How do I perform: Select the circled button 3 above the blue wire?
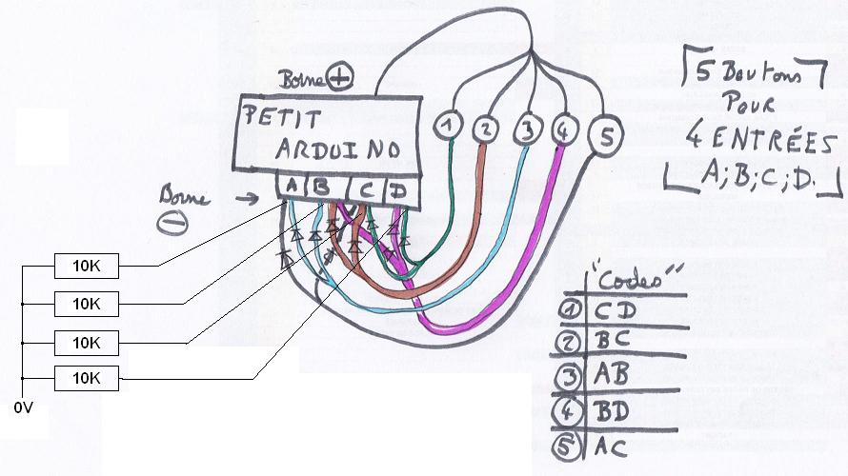527,127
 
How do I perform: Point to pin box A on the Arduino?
290,187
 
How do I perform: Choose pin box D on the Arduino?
399,191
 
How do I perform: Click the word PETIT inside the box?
283,119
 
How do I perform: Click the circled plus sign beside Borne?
339,75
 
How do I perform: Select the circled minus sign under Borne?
172,221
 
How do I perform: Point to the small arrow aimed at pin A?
253,198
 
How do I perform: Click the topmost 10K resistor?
86,266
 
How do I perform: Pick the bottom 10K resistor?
86,378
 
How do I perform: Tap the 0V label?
24,408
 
